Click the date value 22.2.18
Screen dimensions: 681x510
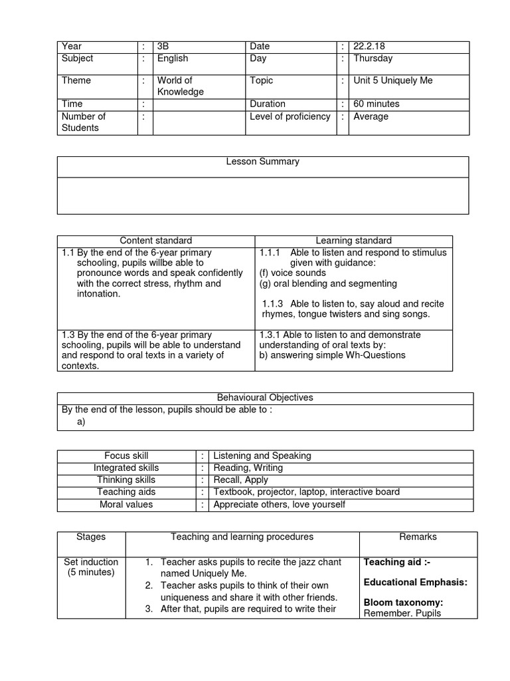369,47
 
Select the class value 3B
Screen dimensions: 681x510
163,47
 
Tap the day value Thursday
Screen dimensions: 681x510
373,59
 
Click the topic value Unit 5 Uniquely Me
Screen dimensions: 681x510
392,80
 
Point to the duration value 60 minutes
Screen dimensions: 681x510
377,104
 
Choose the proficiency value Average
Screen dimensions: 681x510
371,116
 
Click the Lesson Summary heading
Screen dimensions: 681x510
262,162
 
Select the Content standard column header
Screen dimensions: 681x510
155,241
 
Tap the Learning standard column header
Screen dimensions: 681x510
353,241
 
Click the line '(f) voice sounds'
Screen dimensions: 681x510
293,273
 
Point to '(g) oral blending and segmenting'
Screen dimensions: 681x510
328,283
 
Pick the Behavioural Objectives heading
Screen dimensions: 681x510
265,398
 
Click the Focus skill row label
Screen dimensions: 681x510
126,456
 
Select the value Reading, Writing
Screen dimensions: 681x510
248,468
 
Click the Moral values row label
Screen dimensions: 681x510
126,504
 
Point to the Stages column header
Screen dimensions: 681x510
91,537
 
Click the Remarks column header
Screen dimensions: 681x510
418,537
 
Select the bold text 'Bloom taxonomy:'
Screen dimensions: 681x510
403,603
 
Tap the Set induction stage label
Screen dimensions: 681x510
91,562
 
